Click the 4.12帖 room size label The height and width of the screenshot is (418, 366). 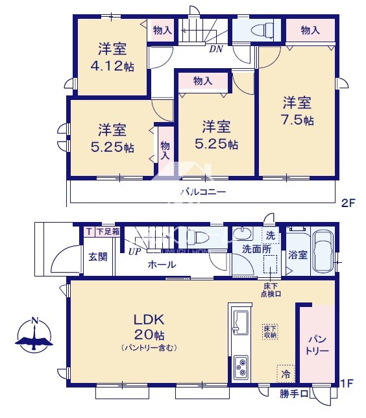[x=112, y=66]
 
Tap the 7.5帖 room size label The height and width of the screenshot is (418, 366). [x=297, y=120]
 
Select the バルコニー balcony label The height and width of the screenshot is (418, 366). [x=203, y=192]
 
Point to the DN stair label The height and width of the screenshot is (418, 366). [x=215, y=49]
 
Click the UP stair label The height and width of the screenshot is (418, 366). [x=134, y=251]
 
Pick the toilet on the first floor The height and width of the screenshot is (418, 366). [x=198, y=236]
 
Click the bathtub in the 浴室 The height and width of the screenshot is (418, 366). [x=323, y=251]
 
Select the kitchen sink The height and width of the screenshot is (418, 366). [x=241, y=322]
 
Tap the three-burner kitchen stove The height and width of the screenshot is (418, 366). [x=241, y=367]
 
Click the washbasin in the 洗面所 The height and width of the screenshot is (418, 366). [x=243, y=234]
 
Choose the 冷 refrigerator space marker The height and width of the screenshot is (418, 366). [x=286, y=374]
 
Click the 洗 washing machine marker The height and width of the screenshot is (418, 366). [x=271, y=236]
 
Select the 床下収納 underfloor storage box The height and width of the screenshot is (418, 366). [x=271, y=332]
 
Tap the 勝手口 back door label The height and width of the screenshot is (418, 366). [x=294, y=393]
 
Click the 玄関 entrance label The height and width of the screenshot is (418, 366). [x=98, y=257]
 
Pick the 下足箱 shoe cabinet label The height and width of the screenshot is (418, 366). [x=108, y=231]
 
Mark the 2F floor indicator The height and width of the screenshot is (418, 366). [x=348, y=203]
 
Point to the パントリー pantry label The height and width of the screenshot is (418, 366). [x=317, y=345]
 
